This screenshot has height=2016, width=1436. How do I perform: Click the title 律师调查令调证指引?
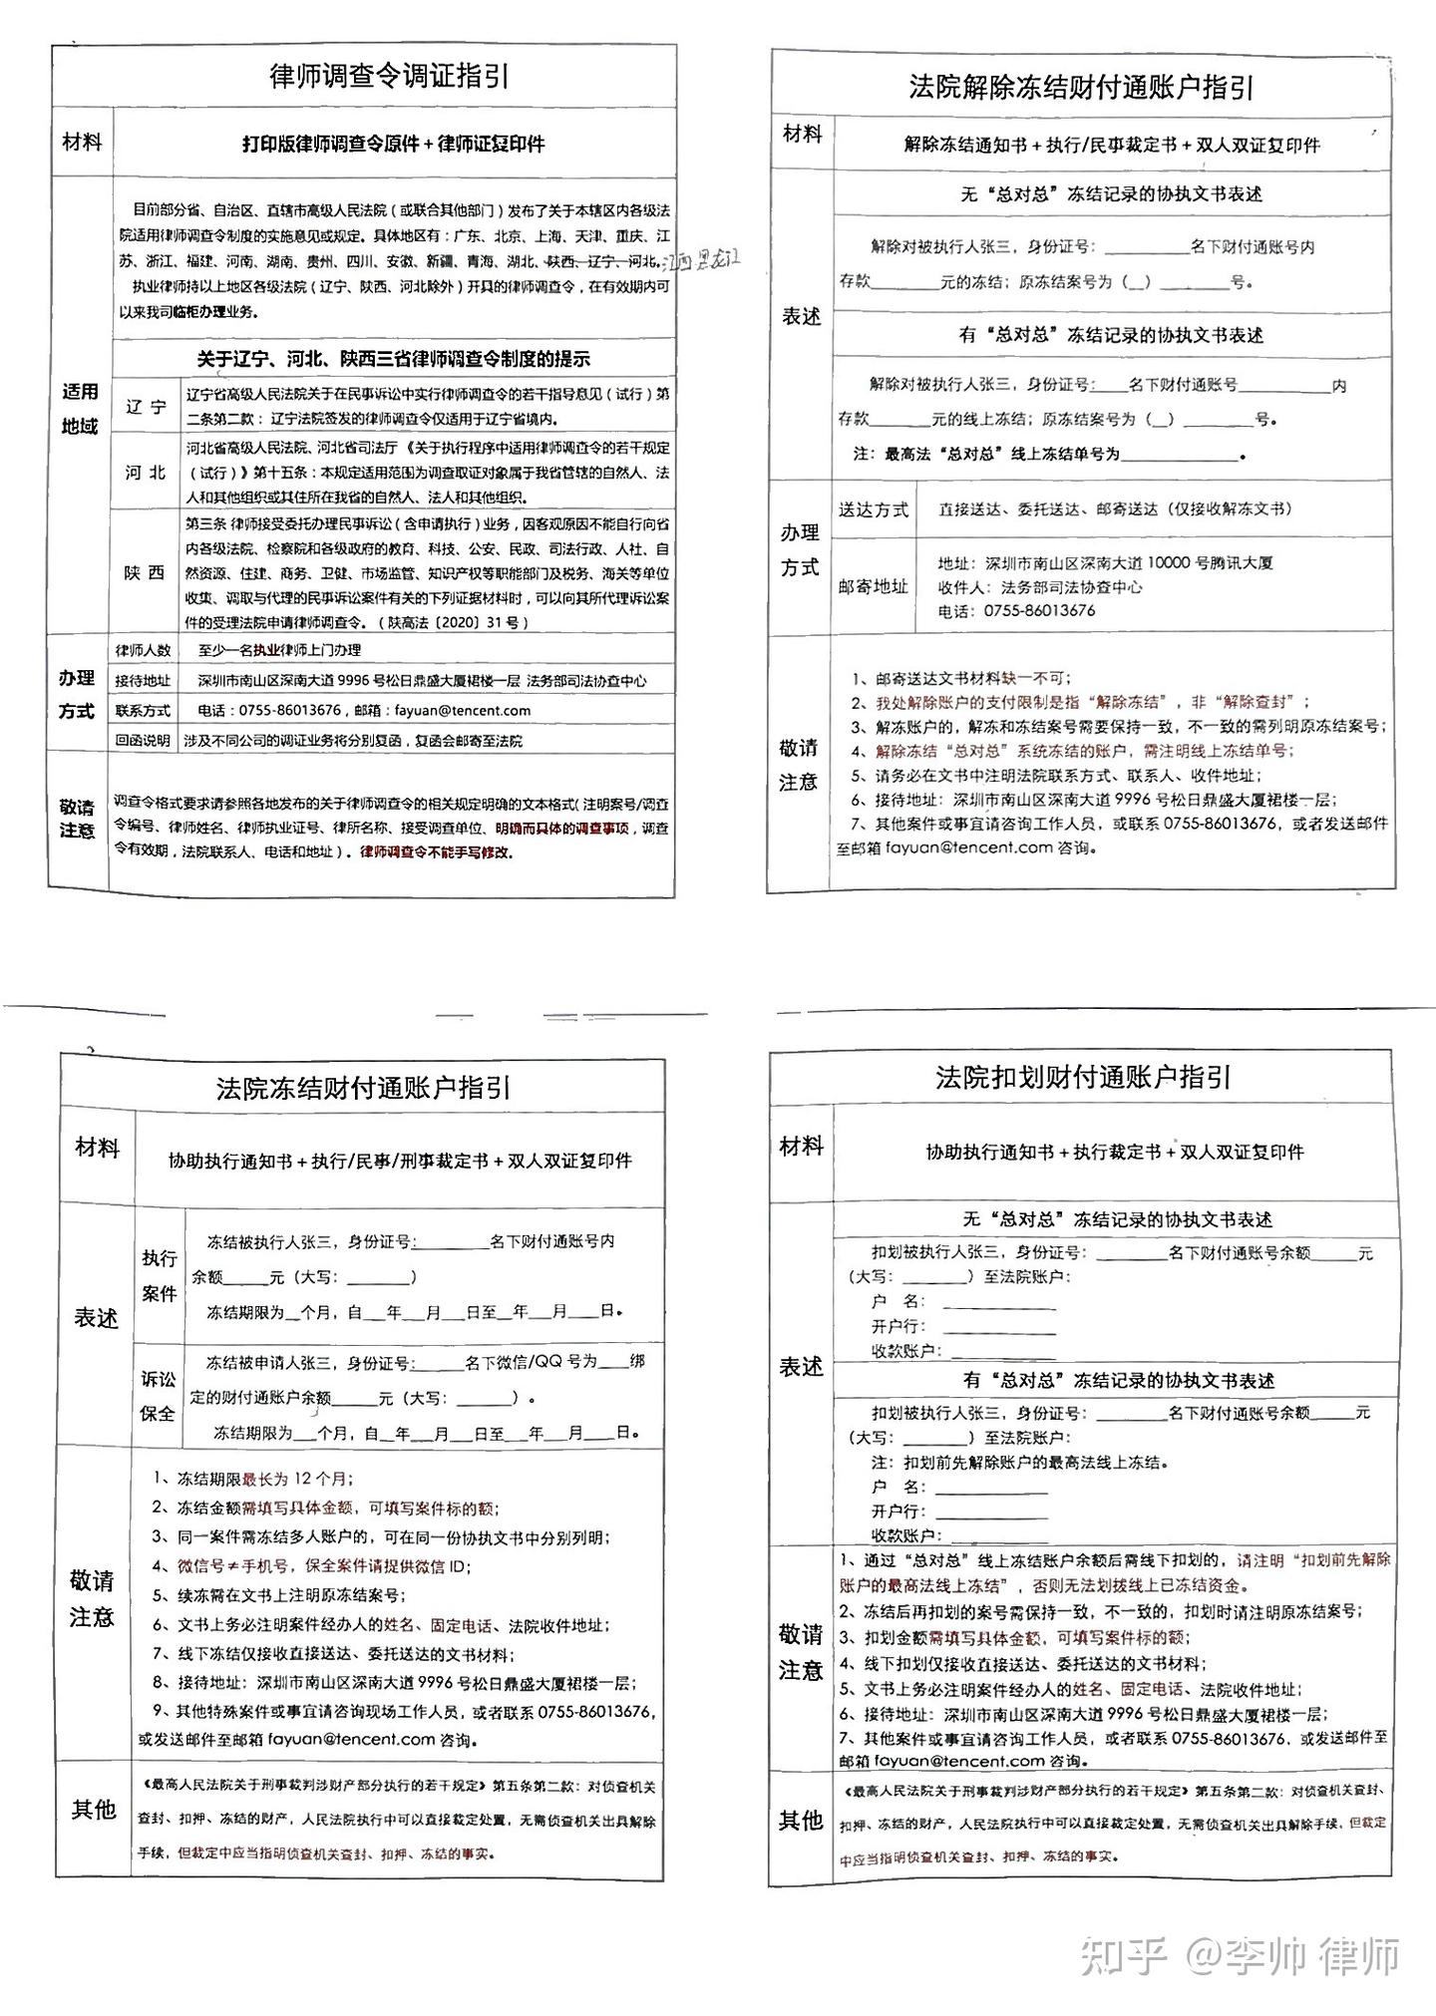[x=390, y=77]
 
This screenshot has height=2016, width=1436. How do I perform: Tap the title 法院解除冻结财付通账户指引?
[x=1081, y=88]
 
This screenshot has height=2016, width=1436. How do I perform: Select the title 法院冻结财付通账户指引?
[x=364, y=1087]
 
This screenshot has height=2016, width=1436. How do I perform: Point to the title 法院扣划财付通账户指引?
[x=1083, y=1077]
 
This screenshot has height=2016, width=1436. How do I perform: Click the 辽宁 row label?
[x=147, y=407]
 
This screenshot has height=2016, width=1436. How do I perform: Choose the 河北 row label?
[x=146, y=472]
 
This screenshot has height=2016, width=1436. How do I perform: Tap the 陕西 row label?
[x=145, y=572]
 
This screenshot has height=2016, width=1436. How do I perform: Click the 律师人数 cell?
[x=143, y=650]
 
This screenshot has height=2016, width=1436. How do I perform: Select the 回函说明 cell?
[x=143, y=741]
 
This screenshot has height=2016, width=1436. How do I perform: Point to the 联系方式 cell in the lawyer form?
[x=143, y=711]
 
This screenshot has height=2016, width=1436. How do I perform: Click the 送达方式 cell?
[x=873, y=510]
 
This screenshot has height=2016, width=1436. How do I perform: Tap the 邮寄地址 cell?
[x=873, y=586]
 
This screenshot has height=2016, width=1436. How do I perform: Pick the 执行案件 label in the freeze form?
[x=159, y=1275]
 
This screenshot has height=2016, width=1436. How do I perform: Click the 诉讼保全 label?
[x=158, y=1396]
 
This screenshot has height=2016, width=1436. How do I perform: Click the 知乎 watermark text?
[x=1125, y=1956]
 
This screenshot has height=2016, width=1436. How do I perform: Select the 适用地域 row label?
[x=80, y=409]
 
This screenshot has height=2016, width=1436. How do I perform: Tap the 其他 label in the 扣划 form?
[x=800, y=1821]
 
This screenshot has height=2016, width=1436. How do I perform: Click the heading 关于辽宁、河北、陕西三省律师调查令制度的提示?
[x=394, y=359]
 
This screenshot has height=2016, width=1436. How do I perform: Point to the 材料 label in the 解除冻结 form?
[x=802, y=135]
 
